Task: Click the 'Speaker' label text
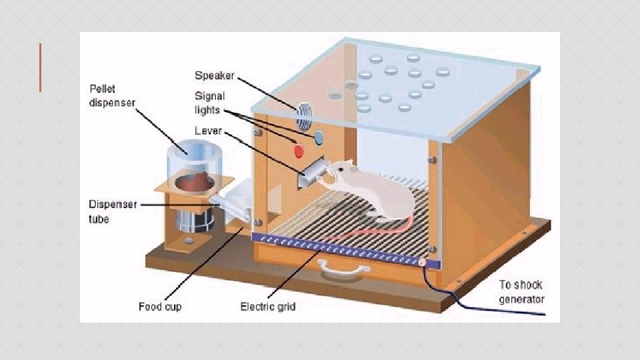point(214,75)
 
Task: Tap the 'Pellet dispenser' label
point(112,95)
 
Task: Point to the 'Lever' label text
point(208,131)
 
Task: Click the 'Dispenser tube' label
point(112,211)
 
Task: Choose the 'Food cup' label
point(159,307)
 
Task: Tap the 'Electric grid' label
point(267,307)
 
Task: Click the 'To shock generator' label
point(521,292)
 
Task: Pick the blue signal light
point(318,137)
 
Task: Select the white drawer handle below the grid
point(343,268)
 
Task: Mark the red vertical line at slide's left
point(40,67)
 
